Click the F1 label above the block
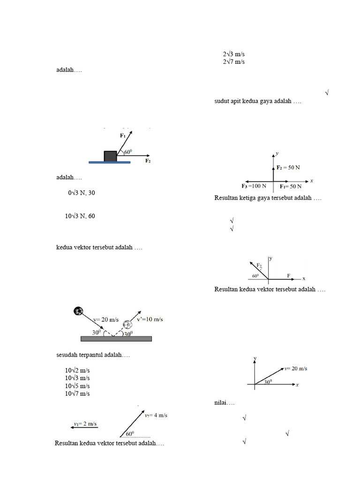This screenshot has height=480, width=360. (123, 135)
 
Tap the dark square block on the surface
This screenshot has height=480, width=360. (110, 156)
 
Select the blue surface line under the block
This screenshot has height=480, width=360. (110, 163)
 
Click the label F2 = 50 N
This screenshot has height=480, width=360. (288, 167)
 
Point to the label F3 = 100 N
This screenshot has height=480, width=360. (254, 186)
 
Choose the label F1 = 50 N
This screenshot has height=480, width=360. (291, 186)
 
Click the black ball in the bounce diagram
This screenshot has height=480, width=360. (78, 310)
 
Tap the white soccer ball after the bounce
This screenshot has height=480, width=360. (127, 324)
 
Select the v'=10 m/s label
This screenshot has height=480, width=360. (150, 319)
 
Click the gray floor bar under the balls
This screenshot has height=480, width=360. (116, 338)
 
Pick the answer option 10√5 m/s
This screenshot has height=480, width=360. (77, 386)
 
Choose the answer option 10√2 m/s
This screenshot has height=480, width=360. (77, 370)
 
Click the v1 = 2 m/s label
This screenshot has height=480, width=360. (85, 424)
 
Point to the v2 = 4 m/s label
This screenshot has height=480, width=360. (156, 415)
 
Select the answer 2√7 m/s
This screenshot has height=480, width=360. (233, 62)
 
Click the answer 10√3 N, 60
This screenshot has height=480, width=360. (80, 216)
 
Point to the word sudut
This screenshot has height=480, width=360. (223, 101)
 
